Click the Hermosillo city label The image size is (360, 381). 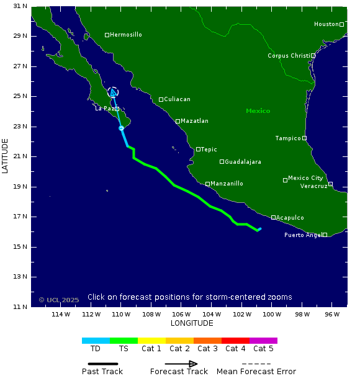pos(127,35)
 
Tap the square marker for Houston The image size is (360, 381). pos(341,24)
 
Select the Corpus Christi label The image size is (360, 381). pos(288,55)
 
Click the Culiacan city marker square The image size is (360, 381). pos(161,99)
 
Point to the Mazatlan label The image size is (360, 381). pos(195,121)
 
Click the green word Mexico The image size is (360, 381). pos(258,111)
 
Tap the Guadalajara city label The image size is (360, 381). pos(243,162)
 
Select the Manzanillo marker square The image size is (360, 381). pos(207,184)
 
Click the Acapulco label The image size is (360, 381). pos(290,218)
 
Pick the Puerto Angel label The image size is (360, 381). pos(302,235)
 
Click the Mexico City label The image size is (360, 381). pos(305,178)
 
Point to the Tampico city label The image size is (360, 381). pos(288,138)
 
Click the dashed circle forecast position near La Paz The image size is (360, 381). pos(112,92)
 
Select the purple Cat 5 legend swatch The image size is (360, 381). pos(263,341)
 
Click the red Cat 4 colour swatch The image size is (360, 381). pos(235,341)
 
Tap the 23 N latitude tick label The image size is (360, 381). pos(20,127)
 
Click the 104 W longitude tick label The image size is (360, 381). pos(212,314)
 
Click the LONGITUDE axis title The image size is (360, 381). pos(192,323)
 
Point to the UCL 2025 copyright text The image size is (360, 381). pos(59,300)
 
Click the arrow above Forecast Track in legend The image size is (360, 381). pos(181,364)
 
